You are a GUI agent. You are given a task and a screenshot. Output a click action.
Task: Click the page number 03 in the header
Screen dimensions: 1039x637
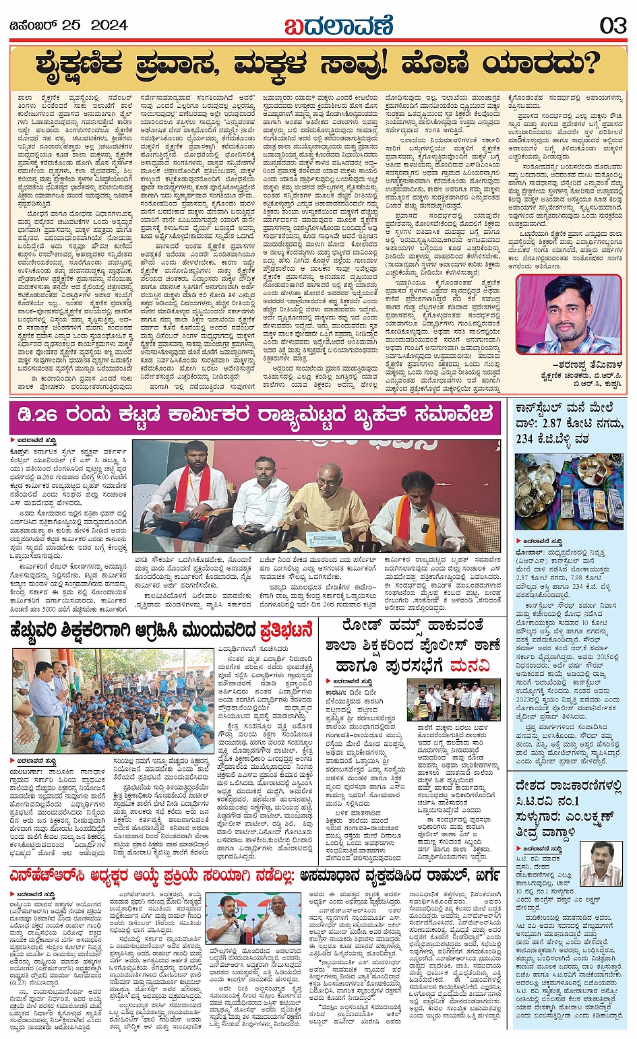(x=613, y=26)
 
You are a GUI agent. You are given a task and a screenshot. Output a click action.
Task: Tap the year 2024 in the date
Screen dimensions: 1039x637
(x=109, y=26)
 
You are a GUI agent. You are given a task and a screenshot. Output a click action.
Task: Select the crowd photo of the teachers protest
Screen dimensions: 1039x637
(x=113, y=701)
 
